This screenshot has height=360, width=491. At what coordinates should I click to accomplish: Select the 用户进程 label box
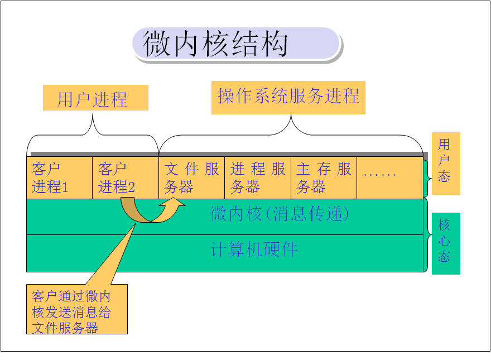point(95,98)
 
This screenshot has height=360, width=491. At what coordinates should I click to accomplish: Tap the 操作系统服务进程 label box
point(288,97)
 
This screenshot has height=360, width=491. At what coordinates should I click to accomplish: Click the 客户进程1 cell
point(59,177)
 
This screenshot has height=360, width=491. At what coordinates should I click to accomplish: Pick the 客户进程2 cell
point(125,177)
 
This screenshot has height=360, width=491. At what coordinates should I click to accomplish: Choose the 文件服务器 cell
point(191,177)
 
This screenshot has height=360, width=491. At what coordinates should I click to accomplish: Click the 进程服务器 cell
point(258,177)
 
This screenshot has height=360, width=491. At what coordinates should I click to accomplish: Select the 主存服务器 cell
point(324,177)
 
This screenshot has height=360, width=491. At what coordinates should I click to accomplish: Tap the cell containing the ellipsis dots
point(389,177)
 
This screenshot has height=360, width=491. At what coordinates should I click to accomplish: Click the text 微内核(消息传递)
point(280,214)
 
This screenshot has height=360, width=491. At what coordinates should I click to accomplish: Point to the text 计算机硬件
point(255,249)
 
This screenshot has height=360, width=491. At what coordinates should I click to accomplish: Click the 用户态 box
point(445,163)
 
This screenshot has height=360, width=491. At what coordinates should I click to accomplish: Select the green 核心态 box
point(445,243)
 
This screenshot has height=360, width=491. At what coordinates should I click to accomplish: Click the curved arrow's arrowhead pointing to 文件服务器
point(172,207)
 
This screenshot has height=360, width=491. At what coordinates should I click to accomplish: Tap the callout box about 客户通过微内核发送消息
point(76,309)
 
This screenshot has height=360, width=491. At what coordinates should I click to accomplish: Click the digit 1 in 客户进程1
point(65,188)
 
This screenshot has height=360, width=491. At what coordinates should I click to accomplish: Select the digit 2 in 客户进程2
point(131,188)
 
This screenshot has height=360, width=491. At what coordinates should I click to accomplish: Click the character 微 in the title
point(157,45)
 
